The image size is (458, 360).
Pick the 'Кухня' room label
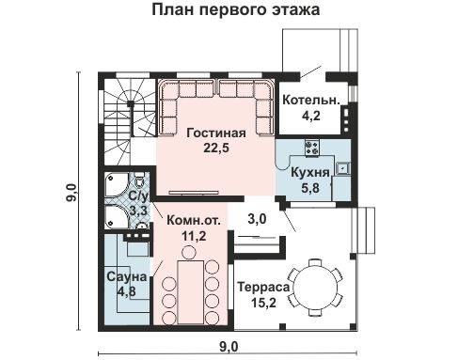pyautogui.click(x=309, y=173)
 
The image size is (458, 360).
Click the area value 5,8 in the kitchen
pyautogui.click(x=309, y=188)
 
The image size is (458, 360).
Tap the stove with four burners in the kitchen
pyautogui.click(x=311, y=148)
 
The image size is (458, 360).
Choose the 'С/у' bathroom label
pyautogui.click(x=138, y=196)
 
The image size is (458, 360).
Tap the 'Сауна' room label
pyautogui.click(x=125, y=277)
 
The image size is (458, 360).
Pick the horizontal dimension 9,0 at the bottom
pyautogui.click(x=229, y=346)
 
